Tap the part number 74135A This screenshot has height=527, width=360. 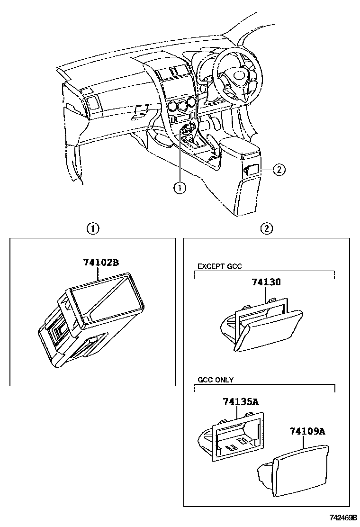click(241, 402)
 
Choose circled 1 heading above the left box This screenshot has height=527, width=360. click(93, 228)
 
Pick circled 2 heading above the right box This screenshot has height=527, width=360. click(267, 228)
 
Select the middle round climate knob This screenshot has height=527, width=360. click(182, 105)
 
